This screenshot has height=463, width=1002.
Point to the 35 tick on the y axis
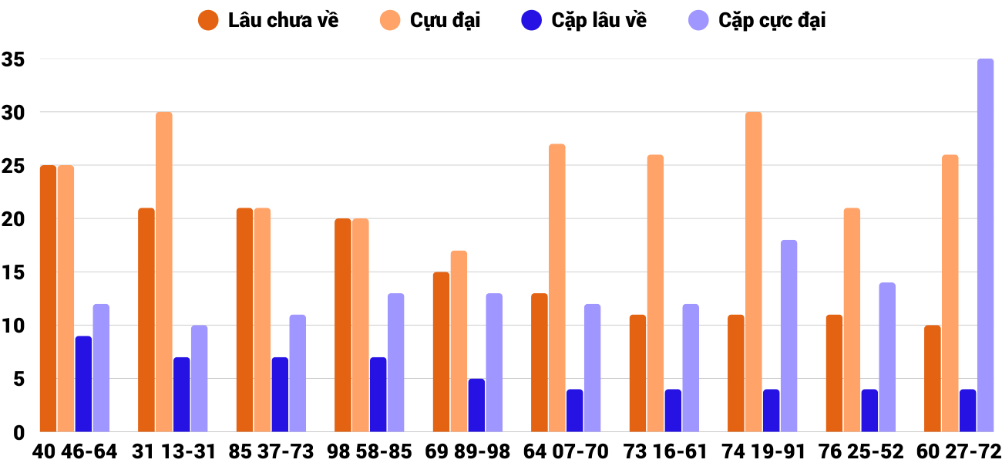(14, 59)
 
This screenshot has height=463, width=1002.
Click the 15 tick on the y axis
(14, 272)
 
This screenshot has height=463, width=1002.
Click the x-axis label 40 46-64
(75, 451)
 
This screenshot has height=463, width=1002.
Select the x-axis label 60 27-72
(959, 451)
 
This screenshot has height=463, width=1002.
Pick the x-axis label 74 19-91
(762, 451)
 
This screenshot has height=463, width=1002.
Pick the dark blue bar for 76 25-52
(869, 411)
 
